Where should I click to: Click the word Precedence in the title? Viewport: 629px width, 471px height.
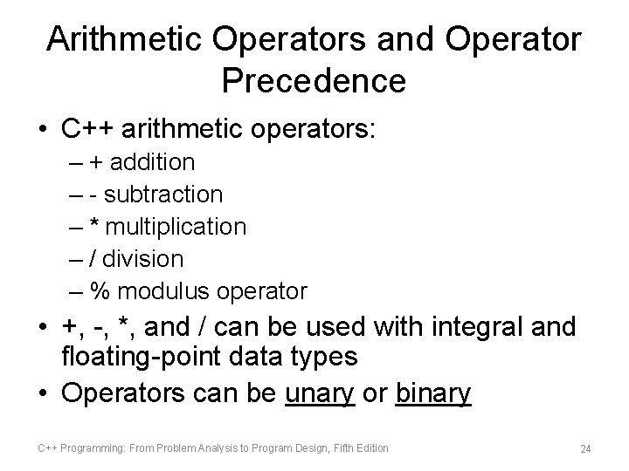click(314, 81)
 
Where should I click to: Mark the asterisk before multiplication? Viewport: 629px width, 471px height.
click(95, 225)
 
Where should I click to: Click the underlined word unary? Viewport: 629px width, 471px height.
click(320, 394)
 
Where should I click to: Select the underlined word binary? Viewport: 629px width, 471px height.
click(433, 394)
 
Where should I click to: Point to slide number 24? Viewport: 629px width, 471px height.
click(585, 449)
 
